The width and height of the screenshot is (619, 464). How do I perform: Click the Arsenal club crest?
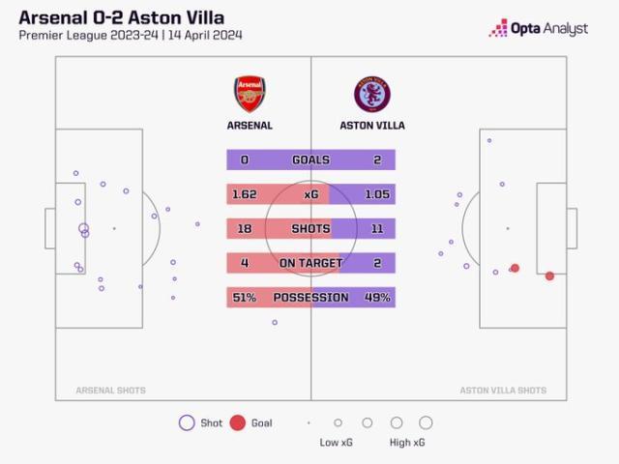(249, 94)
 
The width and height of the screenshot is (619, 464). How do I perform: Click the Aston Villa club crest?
(372, 94)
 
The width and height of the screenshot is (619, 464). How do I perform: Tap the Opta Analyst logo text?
(550, 29)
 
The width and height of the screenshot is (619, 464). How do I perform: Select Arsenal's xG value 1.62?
(244, 194)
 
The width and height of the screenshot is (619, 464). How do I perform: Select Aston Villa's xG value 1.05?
(377, 194)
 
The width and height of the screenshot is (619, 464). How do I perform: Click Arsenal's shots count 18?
(244, 229)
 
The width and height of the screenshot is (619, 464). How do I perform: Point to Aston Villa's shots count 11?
(377, 229)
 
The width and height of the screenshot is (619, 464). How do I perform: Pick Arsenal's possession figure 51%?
(244, 298)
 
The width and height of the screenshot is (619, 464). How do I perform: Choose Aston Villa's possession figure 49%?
(377, 298)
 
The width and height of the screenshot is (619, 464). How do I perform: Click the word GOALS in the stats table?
(310, 160)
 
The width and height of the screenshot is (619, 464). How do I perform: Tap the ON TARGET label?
(310, 263)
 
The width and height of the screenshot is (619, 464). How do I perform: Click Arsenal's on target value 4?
(244, 263)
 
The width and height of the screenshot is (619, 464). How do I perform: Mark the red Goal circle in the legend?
(238, 422)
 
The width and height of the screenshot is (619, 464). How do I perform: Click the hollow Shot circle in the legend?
(187, 422)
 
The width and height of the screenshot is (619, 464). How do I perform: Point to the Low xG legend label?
(338, 443)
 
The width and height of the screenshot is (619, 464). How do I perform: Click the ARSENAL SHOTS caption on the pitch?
(111, 391)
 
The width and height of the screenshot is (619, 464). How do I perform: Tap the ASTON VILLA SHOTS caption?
(503, 391)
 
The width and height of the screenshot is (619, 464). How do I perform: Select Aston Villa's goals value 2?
(377, 160)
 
